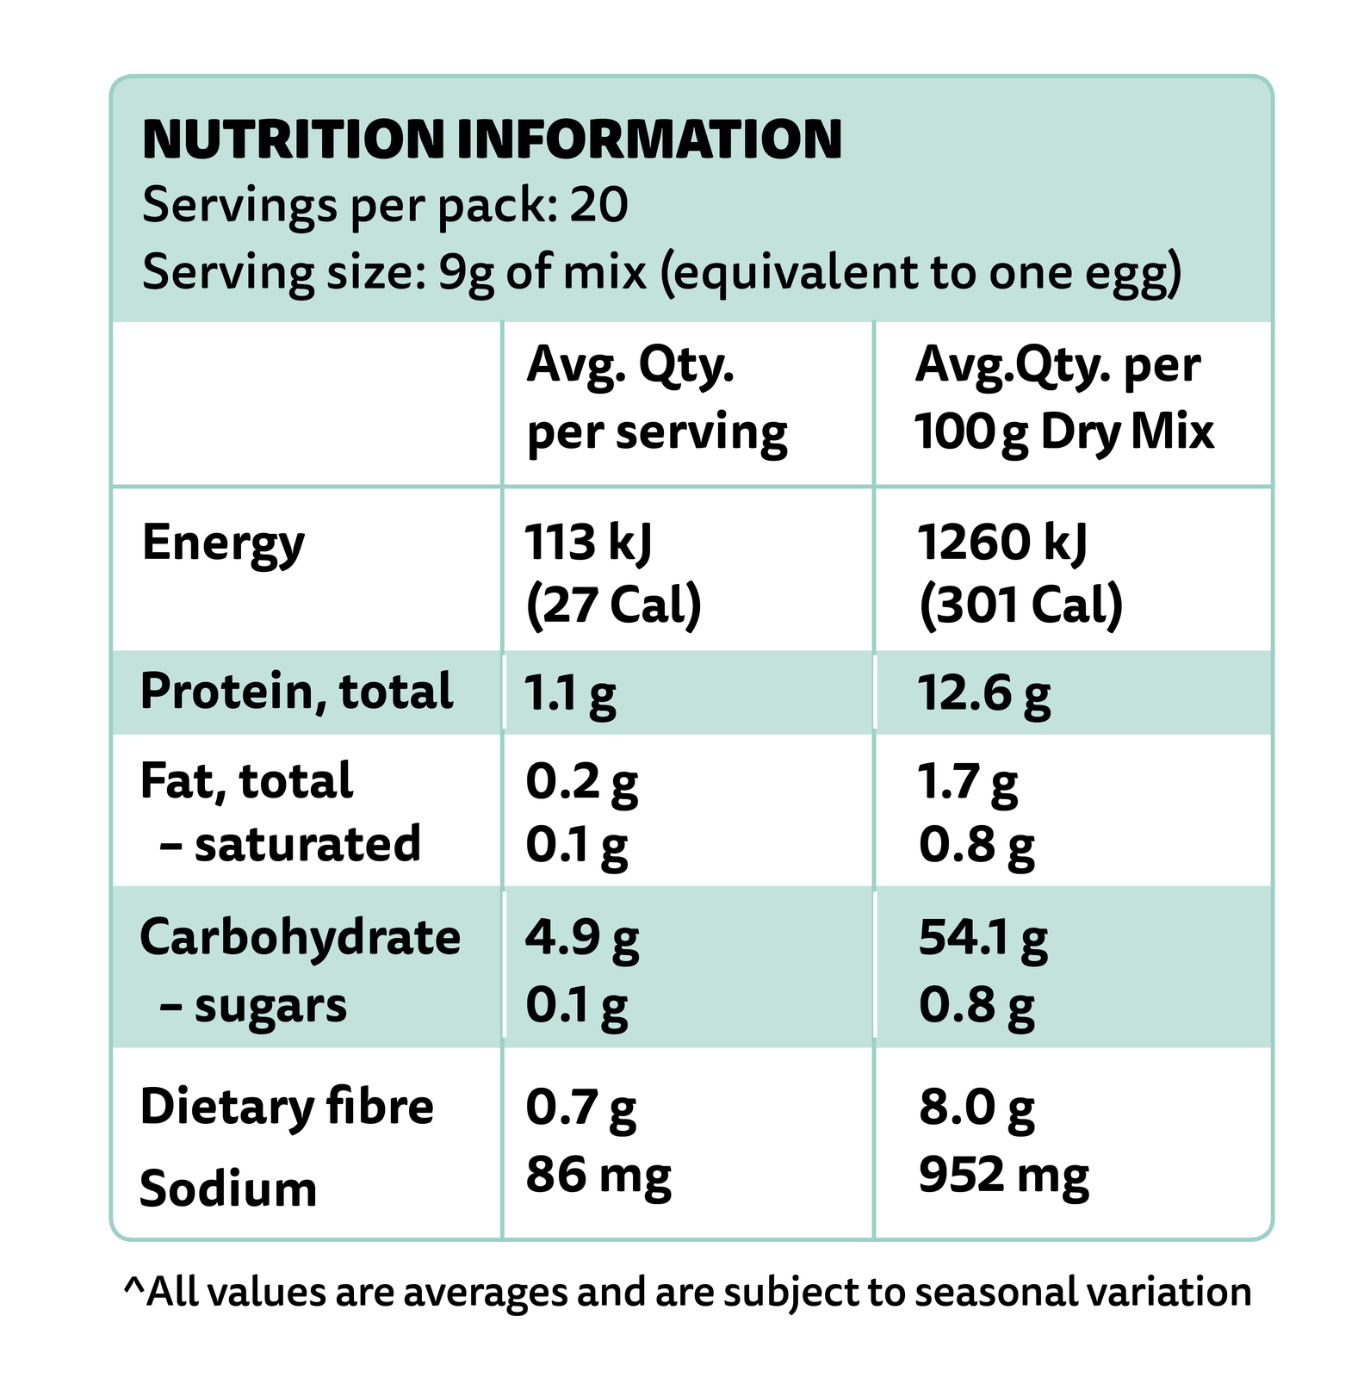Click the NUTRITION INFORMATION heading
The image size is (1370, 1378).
492,140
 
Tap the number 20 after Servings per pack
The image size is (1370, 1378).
599,205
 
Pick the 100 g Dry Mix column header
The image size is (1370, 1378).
1063,431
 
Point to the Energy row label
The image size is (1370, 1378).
223,543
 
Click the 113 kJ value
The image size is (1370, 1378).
588,543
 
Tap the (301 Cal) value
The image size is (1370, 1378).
1020,605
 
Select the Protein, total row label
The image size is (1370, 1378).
296,692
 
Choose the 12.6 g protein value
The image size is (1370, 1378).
983,693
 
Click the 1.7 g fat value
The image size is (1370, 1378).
967,782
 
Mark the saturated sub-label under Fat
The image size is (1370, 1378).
307,844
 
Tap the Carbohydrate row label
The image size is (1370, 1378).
300,937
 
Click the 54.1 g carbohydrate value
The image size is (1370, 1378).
983,938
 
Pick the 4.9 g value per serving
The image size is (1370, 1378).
582,938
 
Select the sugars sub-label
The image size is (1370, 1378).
270,1006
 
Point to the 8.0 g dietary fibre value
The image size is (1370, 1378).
976,1108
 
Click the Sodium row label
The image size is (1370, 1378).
228,1189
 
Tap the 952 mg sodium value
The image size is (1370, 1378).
1003,1175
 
